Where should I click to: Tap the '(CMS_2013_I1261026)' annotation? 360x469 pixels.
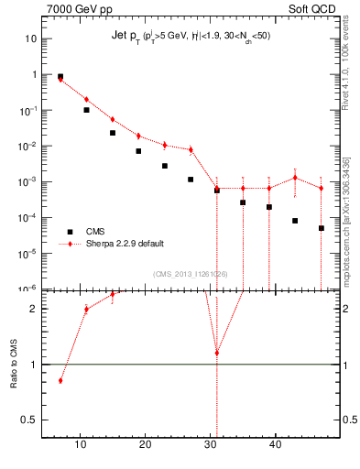(x=191, y=274)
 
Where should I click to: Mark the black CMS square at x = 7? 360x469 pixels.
(x=60, y=77)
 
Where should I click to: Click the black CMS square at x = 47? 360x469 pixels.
(x=322, y=228)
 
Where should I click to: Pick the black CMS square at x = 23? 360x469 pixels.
(x=165, y=166)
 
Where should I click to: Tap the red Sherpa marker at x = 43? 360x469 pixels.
(x=295, y=178)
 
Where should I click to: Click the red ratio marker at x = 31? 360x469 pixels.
(x=217, y=353)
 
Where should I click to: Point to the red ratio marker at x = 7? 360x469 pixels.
(x=60, y=380)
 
